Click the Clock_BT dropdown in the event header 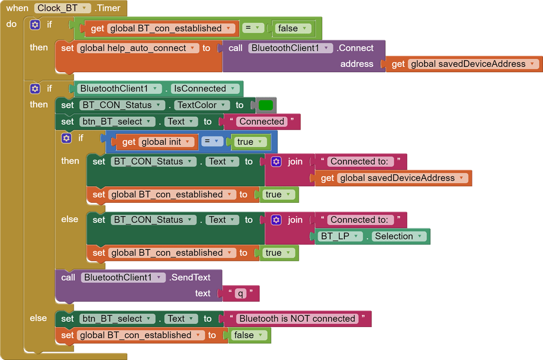[x=62, y=8]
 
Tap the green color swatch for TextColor [x=265, y=105]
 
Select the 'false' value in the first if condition [x=292, y=29]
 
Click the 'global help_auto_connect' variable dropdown [x=138, y=48]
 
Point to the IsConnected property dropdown [x=205, y=89]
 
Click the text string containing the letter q [x=240, y=294]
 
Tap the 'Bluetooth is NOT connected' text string [x=297, y=319]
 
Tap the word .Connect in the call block [x=355, y=48]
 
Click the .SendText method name [x=190, y=278]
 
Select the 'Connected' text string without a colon [x=262, y=122]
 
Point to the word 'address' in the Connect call [x=357, y=64]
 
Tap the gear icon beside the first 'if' [x=35, y=24]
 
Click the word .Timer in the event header [x=108, y=8]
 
